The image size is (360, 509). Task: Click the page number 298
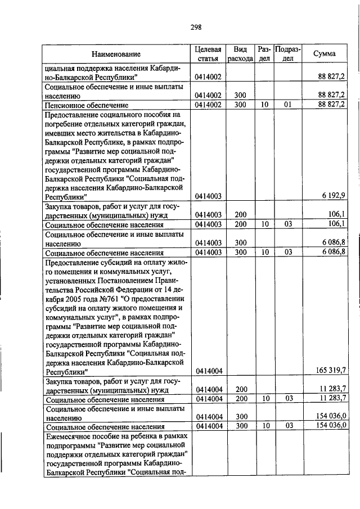pyautogui.click(x=180, y=26)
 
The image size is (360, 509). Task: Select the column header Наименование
pyautogui.click(x=116, y=54)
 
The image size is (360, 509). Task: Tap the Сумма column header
pyautogui.click(x=325, y=54)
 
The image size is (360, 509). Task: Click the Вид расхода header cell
pyautogui.click(x=240, y=54)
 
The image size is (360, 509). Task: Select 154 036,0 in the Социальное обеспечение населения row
pyautogui.click(x=331, y=427)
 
